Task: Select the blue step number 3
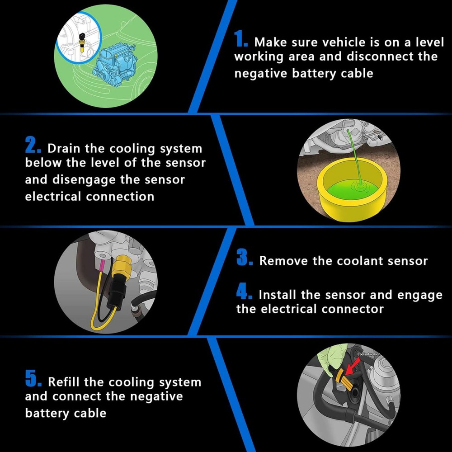(245, 257)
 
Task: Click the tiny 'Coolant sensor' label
(369, 354)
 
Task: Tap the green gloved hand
(331, 358)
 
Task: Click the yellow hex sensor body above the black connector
(121, 267)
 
